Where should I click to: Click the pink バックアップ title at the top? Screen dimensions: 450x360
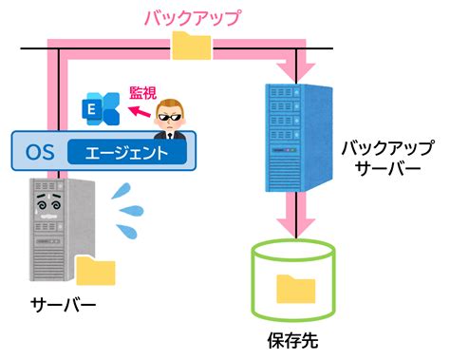pyautogui.click(x=193, y=18)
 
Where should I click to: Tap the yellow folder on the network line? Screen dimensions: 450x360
pyautogui.click(x=192, y=46)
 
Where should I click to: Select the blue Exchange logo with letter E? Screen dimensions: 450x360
pyautogui.click(x=101, y=108)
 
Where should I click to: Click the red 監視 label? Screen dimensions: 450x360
pyautogui.click(x=143, y=93)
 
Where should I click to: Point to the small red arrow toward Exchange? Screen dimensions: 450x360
pyautogui.click(x=139, y=111)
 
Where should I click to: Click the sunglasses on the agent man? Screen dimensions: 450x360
pyautogui.click(x=171, y=118)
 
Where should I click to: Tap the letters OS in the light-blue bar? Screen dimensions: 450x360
pyautogui.click(x=40, y=152)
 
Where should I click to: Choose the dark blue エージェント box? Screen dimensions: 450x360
pyautogui.click(x=127, y=152)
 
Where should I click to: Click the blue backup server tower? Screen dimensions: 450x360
pyautogui.click(x=298, y=138)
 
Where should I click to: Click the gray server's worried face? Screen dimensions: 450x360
pyautogui.click(x=48, y=202)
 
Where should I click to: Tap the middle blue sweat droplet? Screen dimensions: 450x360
pyautogui.click(x=132, y=210)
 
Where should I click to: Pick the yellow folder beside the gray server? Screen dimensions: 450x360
pyautogui.click(x=96, y=271)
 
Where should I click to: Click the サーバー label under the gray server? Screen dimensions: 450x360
pyautogui.click(x=63, y=305)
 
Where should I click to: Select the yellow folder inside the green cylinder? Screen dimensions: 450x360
pyautogui.click(x=296, y=289)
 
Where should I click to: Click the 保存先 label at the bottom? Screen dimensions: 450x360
pyautogui.click(x=292, y=340)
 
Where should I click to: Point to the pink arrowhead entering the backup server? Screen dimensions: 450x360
pyautogui.click(x=296, y=73)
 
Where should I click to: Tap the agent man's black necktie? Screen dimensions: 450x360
pyautogui.click(x=170, y=136)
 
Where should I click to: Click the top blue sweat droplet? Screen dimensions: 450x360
pyautogui.click(x=122, y=191)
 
